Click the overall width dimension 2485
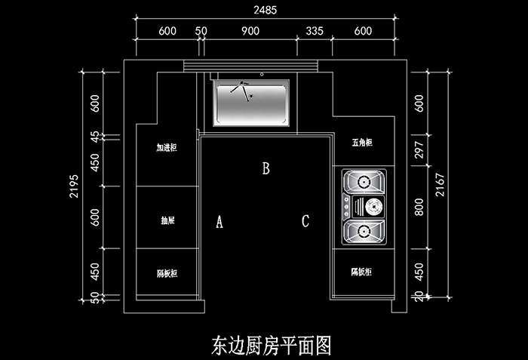(263, 10)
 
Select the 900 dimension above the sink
(250, 31)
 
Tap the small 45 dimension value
(94, 137)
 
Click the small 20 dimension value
(420, 297)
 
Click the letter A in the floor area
(219, 222)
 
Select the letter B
(266, 168)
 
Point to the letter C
(305, 221)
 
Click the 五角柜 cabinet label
(363, 143)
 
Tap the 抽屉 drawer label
(167, 221)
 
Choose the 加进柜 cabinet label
(167, 147)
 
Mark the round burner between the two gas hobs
(373, 205)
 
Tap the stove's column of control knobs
(346, 205)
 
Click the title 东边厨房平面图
(271, 345)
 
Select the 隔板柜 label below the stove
(362, 271)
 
